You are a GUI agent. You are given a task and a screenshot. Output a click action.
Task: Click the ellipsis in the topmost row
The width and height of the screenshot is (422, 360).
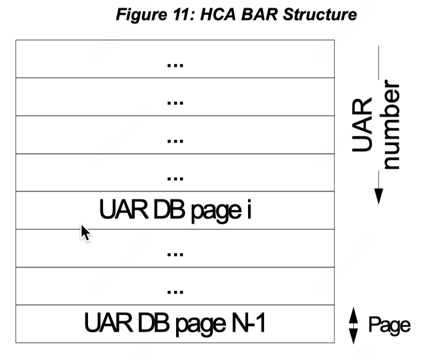click(x=175, y=64)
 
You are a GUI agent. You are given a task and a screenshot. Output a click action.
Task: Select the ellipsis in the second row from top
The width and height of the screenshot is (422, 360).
click(x=175, y=102)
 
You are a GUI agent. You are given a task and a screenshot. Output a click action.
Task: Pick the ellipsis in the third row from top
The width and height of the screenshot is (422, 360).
click(x=175, y=140)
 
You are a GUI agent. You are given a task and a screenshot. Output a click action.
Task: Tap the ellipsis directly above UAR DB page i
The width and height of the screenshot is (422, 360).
click(x=175, y=178)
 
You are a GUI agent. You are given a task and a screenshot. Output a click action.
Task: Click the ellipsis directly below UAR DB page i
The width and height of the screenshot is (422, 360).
click(x=175, y=254)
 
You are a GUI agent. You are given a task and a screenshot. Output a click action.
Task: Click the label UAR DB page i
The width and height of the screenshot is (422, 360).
click(x=175, y=210)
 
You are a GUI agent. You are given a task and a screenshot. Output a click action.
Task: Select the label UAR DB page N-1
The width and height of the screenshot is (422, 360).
click(x=175, y=323)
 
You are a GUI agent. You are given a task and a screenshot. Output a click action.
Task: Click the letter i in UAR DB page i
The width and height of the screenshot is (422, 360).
click(x=249, y=210)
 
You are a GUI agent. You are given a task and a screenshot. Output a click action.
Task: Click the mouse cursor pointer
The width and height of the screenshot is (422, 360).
click(x=85, y=233)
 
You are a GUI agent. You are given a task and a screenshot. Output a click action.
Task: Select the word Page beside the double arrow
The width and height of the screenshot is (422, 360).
click(x=389, y=325)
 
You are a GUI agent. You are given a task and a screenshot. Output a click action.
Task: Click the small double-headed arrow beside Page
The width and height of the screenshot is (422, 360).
click(x=353, y=325)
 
